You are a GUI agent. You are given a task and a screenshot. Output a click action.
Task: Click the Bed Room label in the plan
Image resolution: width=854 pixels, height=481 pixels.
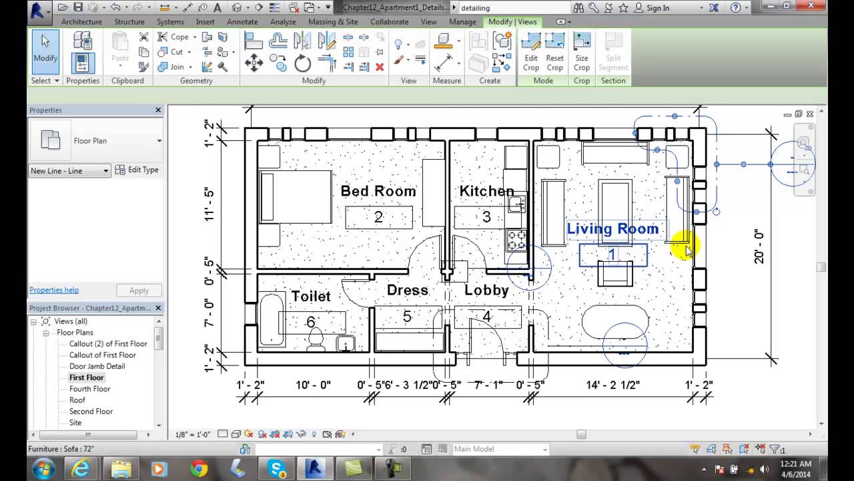pyautogui.click(x=378, y=191)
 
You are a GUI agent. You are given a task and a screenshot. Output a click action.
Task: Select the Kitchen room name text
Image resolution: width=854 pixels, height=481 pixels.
pyautogui.click(x=486, y=191)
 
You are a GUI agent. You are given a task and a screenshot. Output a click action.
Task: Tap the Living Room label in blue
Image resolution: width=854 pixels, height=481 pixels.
pyautogui.click(x=612, y=229)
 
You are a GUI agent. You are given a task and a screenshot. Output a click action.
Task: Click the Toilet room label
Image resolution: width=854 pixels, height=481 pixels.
pyautogui.click(x=310, y=296)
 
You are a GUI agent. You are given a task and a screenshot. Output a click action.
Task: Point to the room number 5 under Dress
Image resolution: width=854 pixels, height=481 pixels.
pyautogui.click(x=407, y=317)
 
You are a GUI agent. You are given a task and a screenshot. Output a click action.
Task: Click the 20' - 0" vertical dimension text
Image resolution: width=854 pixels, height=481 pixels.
pyautogui.click(x=759, y=247)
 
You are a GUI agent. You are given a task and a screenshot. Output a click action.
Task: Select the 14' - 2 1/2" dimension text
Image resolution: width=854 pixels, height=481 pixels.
pyautogui.click(x=612, y=385)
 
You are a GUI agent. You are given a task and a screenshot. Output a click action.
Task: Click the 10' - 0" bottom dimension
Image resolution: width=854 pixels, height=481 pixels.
pyautogui.click(x=313, y=385)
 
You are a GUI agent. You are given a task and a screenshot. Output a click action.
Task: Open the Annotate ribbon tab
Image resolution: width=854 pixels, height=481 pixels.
pyautogui.click(x=242, y=21)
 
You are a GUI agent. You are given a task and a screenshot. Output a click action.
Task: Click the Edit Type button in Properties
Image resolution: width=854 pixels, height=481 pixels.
pyautogui.click(x=137, y=170)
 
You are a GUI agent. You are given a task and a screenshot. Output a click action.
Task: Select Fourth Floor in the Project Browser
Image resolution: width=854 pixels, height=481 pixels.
pyautogui.click(x=89, y=389)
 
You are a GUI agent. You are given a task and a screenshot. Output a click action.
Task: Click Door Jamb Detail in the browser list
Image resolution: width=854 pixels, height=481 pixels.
pyautogui.click(x=97, y=366)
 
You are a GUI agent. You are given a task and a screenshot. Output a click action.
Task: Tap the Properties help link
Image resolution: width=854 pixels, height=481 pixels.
pyautogui.click(x=54, y=290)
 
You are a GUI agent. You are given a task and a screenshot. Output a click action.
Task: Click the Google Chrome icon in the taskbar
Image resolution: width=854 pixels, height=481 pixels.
pyautogui.click(x=198, y=468)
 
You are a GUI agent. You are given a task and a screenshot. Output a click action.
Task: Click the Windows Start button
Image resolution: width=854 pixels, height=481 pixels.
pyautogui.click(x=42, y=468)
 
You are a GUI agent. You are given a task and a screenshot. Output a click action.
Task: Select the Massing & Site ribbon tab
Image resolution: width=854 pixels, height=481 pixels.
pyautogui.click(x=333, y=21)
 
